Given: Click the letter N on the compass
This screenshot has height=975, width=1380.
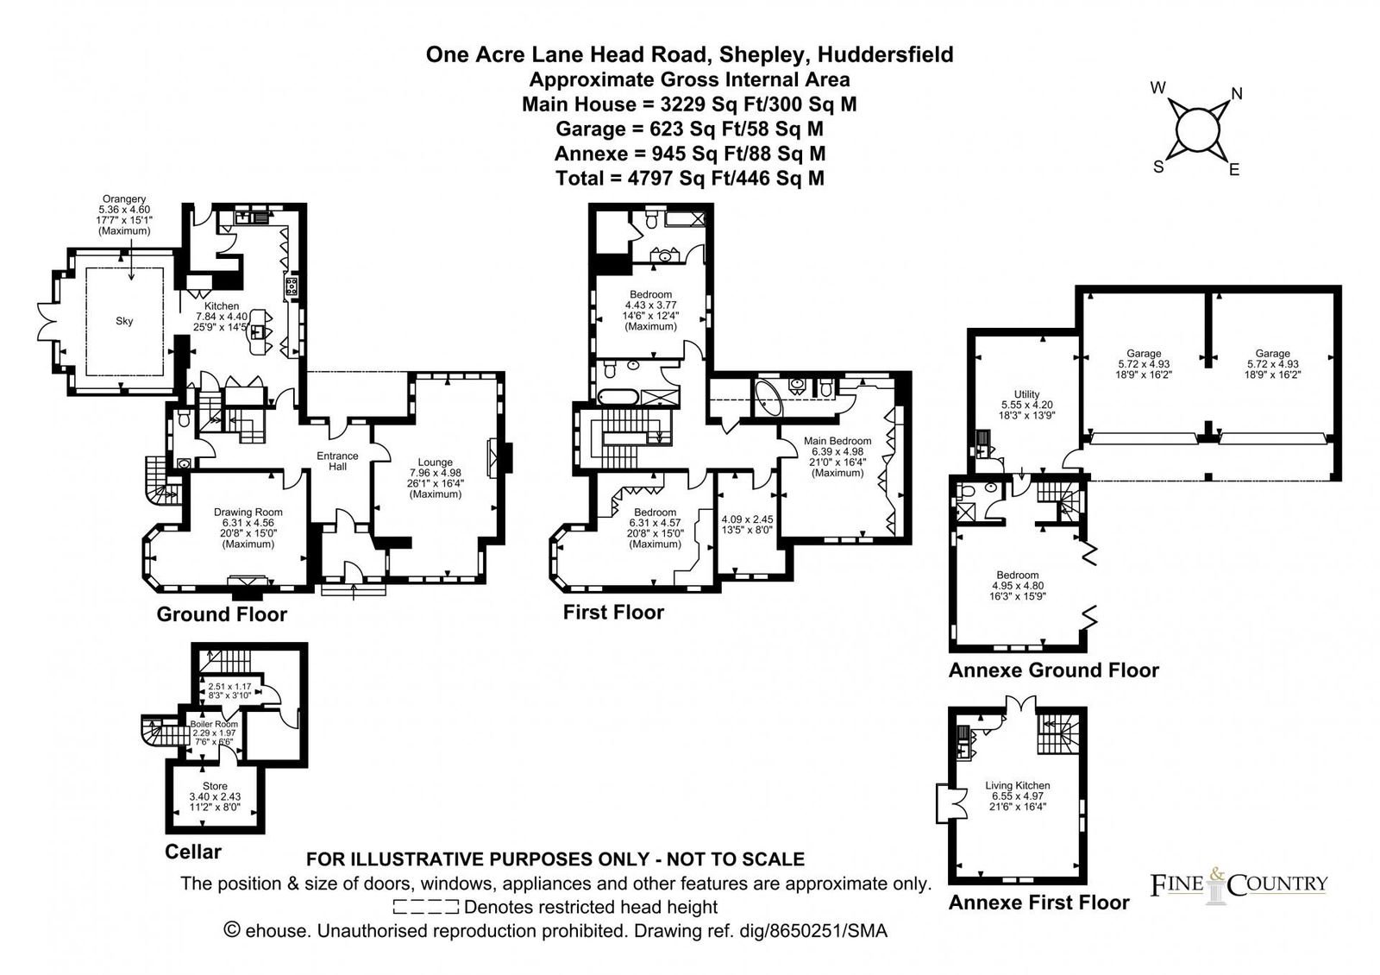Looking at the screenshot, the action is point(1237,94).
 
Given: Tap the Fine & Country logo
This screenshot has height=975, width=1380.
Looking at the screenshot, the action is point(1239,885).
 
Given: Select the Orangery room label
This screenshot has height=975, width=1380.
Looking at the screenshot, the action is point(124,199).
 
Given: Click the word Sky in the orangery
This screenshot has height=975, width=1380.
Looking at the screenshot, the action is point(124,320).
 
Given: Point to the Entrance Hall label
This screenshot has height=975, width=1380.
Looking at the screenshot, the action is point(337,461).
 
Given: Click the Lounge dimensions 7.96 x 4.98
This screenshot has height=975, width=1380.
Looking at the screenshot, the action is point(435,473).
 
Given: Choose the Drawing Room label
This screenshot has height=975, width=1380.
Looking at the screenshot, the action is point(248,513).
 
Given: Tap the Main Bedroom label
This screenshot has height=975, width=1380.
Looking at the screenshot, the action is point(837,441).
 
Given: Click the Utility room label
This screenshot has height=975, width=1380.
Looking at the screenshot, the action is point(1026,394).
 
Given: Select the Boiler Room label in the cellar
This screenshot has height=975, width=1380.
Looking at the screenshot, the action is point(214,724).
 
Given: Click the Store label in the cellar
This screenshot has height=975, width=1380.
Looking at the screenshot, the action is point(215,786).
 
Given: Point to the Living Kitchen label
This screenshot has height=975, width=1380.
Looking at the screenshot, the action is point(1017,785).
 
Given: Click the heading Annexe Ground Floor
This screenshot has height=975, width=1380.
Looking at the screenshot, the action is point(1053,670).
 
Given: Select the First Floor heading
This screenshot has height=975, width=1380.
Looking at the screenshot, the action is point(613,612).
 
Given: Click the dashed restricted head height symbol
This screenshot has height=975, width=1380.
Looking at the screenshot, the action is point(426,907).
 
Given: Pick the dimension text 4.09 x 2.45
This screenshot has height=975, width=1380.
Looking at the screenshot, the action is point(747,519).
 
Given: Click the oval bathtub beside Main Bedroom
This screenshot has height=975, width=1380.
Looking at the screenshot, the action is point(768,399).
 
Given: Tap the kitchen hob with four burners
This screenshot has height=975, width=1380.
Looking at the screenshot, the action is point(292,286).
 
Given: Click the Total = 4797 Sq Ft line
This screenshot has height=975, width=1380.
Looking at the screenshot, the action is point(689,178).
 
